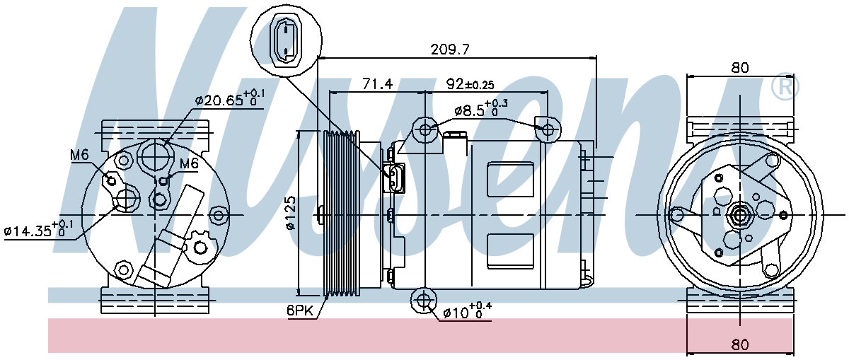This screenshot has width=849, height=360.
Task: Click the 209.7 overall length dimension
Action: pos(450,50)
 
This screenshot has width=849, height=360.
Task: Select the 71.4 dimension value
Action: pos(377,83)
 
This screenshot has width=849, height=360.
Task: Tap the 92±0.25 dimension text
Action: pos(470,83)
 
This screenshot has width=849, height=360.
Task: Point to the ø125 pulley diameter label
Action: pos(291,213)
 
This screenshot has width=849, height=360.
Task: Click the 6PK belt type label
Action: pos(300,310)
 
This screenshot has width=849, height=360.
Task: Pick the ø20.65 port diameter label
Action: pos(230,99)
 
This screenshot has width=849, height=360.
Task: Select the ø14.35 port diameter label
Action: pos(39,229)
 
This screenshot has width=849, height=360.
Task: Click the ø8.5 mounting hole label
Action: pos(480,108)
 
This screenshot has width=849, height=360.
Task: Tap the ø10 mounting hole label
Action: pos(468,311)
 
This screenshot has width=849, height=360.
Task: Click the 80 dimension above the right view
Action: pos(740,68)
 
